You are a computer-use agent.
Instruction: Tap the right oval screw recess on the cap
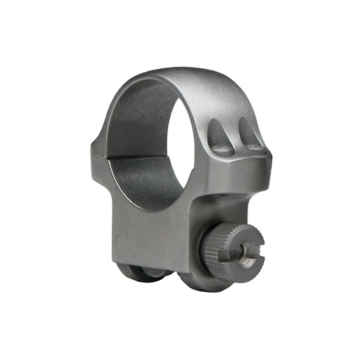[250, 134]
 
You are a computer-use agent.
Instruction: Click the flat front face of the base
[148, 225]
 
